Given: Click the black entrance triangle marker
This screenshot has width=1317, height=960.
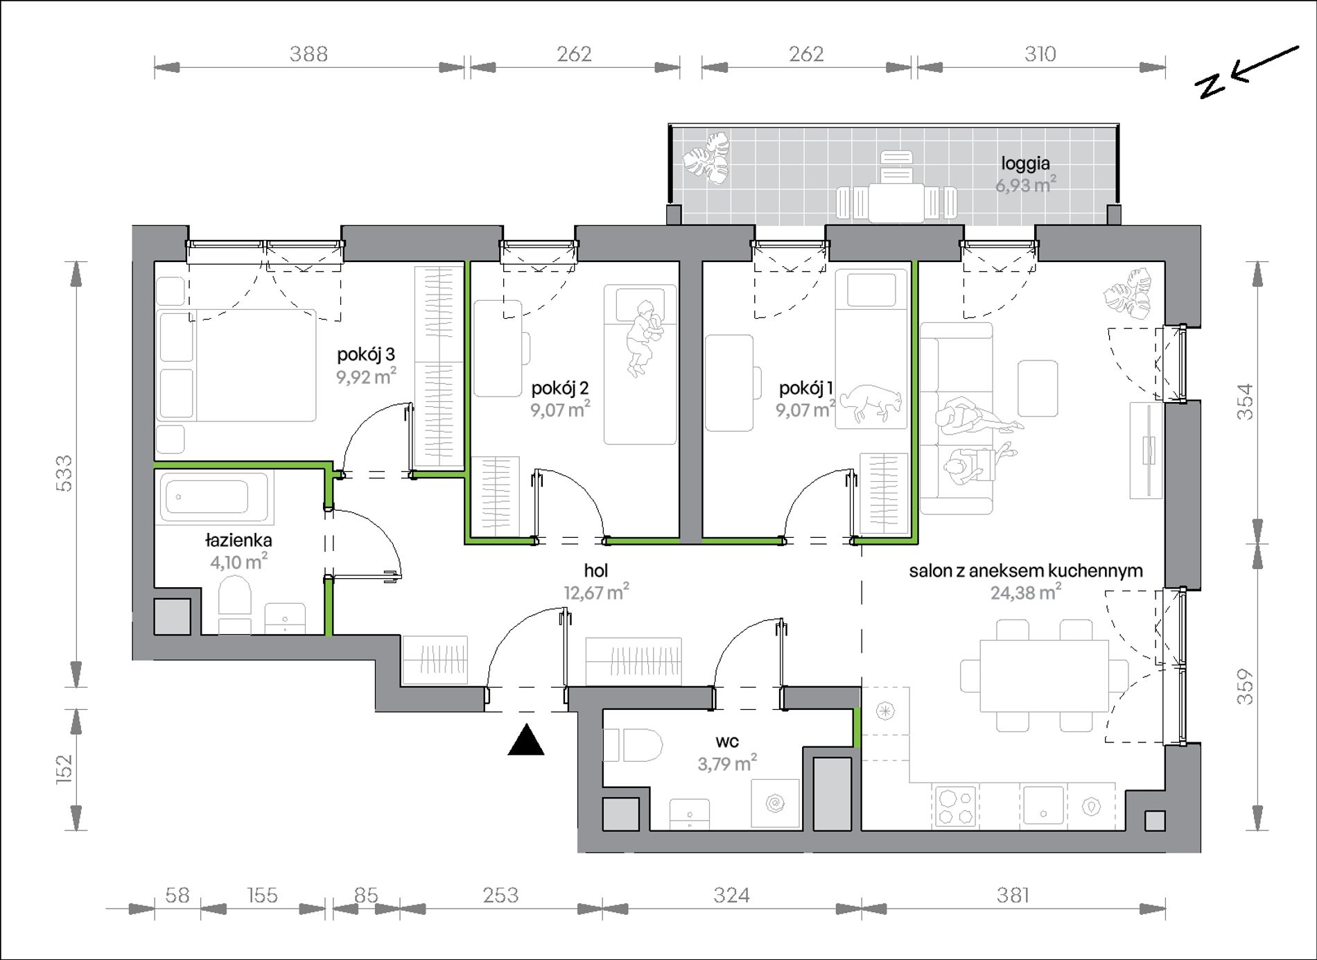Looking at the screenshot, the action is tap(526, 740).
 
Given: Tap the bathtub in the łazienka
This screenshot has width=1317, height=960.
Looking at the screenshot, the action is tap(214, 497).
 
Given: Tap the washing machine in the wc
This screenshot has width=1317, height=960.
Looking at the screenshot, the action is tap(776, 804).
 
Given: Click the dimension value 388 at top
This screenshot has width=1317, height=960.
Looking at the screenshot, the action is tap(308, 54).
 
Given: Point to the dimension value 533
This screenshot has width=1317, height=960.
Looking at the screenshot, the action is tap(63, 473).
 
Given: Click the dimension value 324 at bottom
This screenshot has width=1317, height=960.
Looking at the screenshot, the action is tap(731, 896).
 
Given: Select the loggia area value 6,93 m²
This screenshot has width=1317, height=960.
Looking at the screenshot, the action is tap(1026, 185).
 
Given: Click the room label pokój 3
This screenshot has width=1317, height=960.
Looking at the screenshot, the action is tap(366, 354).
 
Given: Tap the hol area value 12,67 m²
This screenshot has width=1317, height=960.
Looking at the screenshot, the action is tap(596, 593).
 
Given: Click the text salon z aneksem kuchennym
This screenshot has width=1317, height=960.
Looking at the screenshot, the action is tap(1026, 570).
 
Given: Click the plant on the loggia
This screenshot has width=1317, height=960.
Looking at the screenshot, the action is tap(706, 159).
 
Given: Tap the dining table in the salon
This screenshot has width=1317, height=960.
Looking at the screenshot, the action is tap(1044, 675).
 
